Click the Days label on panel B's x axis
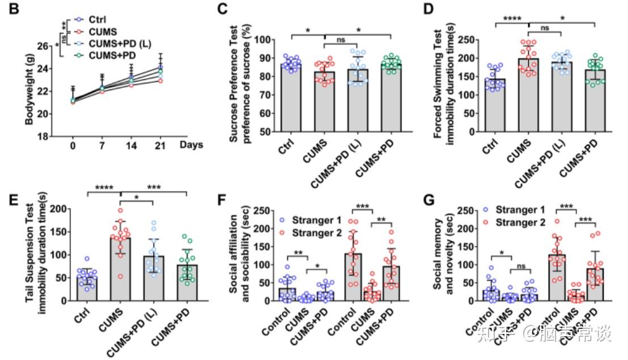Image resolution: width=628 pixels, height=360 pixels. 192,145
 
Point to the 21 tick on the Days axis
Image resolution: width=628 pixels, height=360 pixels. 160,145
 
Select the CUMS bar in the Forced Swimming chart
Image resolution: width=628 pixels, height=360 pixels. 528,95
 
